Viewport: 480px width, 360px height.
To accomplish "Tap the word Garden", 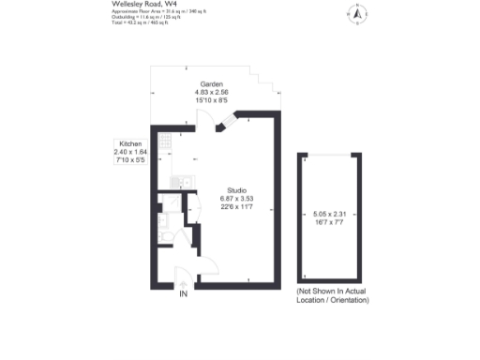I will [211, 83].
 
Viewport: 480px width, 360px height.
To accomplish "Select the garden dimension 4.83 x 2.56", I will [211, 92].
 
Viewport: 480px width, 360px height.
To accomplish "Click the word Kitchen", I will [129, 143].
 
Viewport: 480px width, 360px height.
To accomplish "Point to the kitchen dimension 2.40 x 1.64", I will [130, 151].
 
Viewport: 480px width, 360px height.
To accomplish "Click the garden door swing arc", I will [202, 120].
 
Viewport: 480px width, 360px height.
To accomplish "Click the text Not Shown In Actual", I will [331, 292].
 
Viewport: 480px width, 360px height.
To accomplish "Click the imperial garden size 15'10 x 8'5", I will [211, 100].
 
